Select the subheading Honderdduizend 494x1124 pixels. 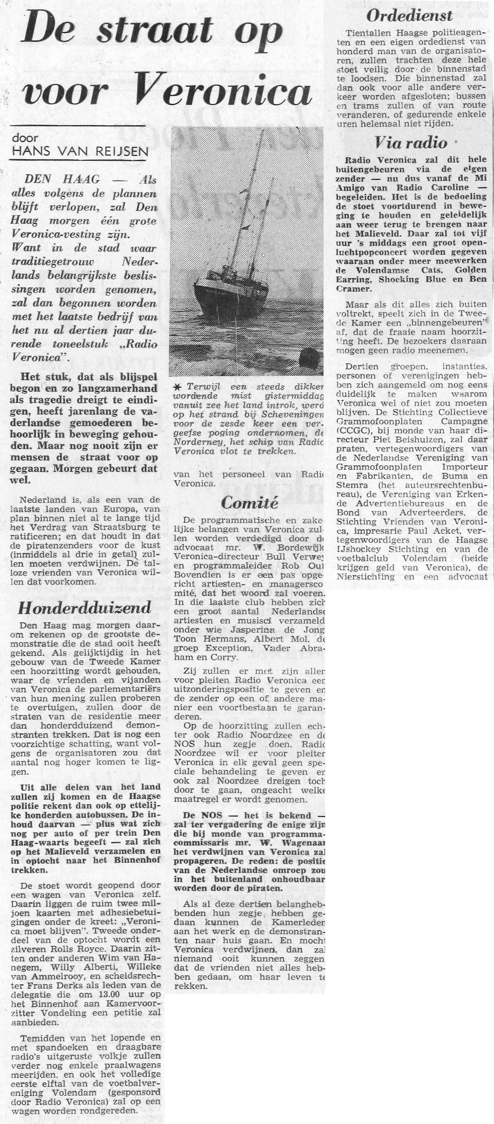pyautogui.click(x=85, y=609)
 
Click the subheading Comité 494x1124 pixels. pyautogui.click(x=249, y=503)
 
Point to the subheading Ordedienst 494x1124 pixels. pyautogui.click(x=409, y=17)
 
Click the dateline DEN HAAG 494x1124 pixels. pyautogui.click(x=62, y=179)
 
